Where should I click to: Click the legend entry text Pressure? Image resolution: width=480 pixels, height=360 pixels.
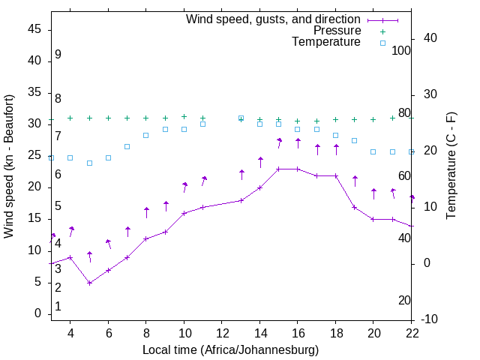click(337, 31)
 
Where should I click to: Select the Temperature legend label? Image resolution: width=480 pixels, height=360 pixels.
click(326, 43)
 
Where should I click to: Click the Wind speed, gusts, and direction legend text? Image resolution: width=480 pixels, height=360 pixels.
click(273, 19)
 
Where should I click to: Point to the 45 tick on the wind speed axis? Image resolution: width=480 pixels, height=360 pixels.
click(34, 28)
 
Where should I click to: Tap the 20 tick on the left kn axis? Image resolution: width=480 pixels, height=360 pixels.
click(34, 187)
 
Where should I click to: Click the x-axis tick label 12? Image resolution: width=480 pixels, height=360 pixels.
click(222, 333)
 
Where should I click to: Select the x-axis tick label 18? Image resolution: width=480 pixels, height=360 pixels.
click(335, 333)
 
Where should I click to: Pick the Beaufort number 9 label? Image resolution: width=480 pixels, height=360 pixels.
click(58, 55)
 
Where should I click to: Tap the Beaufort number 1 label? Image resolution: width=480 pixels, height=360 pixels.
click(58, 307)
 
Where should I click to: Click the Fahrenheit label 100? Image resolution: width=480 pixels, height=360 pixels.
click(401, 50)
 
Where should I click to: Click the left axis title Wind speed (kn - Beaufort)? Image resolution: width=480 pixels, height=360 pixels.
click(9, 166)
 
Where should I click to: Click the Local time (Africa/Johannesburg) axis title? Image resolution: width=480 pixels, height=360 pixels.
click(230, 349)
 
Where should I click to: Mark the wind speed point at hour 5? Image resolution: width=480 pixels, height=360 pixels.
click(89, 283)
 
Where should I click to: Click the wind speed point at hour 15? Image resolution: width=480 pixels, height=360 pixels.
click(279, 169)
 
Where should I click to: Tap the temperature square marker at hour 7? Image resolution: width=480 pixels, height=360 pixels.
click(127, 146)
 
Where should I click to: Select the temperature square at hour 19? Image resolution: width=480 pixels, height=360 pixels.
click(355, 141)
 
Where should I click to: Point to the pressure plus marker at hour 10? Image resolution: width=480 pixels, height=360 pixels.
click(184, 116)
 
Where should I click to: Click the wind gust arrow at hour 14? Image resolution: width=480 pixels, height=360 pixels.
click(260, 161)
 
